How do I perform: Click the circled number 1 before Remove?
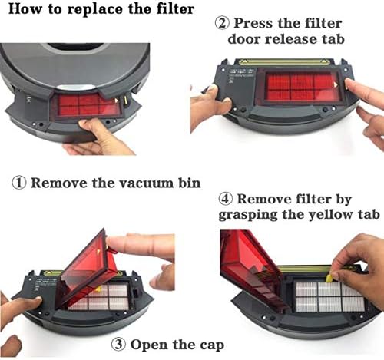pyautogui.click(x=19, y=183)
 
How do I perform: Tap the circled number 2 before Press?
pyautogui.click(x=222, y=23)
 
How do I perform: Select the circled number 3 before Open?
pyautogui.click(x=119, y=345)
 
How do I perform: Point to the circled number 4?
pyautogui.click(x=226, y=199)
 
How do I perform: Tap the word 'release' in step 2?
pyautogui.click(x=290, y=39)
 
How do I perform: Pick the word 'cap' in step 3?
pyautogui.click(x=212, y=346)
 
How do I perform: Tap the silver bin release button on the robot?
pyautogui.click(x=77, y=88)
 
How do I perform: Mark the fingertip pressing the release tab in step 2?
pyautogui.click(x=350, y=84)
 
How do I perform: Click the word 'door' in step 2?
pyautogui.click(x=243, y=39)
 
